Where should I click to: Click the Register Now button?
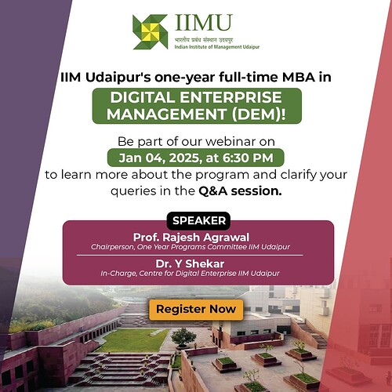point(195,309)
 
